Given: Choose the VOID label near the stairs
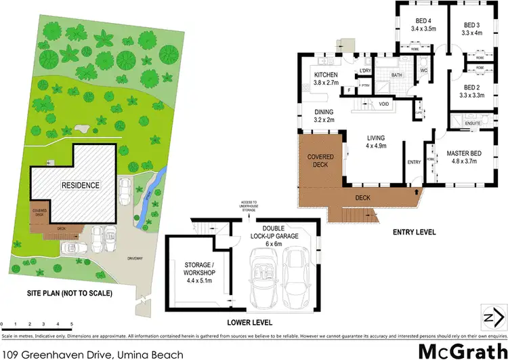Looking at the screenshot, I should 384,104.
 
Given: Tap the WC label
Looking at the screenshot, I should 424,70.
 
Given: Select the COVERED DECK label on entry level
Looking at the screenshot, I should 320,161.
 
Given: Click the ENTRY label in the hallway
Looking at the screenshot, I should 414,162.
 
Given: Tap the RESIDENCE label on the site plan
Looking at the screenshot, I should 81,184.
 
